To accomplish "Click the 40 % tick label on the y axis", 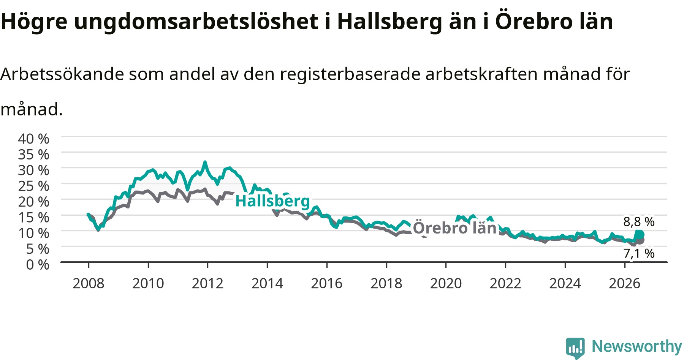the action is point(33,139).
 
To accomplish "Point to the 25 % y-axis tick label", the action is point(33,186).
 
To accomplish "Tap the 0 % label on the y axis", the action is point(38,264).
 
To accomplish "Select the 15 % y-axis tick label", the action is point(33,217).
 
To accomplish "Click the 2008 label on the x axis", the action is point(89,283).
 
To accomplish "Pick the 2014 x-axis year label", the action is point(267,283).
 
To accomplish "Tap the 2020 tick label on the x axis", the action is point(446,283).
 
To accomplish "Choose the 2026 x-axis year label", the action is point(625,283).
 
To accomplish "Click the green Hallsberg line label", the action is point(273,201).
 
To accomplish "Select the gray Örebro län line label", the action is point(455,228).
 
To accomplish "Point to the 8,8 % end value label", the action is point(639,222).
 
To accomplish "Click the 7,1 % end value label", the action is point(639,253).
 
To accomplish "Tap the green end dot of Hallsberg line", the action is point(640,234).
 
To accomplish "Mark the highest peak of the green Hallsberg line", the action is point(205,162).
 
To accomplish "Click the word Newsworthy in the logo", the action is point(637,346).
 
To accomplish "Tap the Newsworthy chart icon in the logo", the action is point(575,347).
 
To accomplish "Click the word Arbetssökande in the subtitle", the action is point(62,74).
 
